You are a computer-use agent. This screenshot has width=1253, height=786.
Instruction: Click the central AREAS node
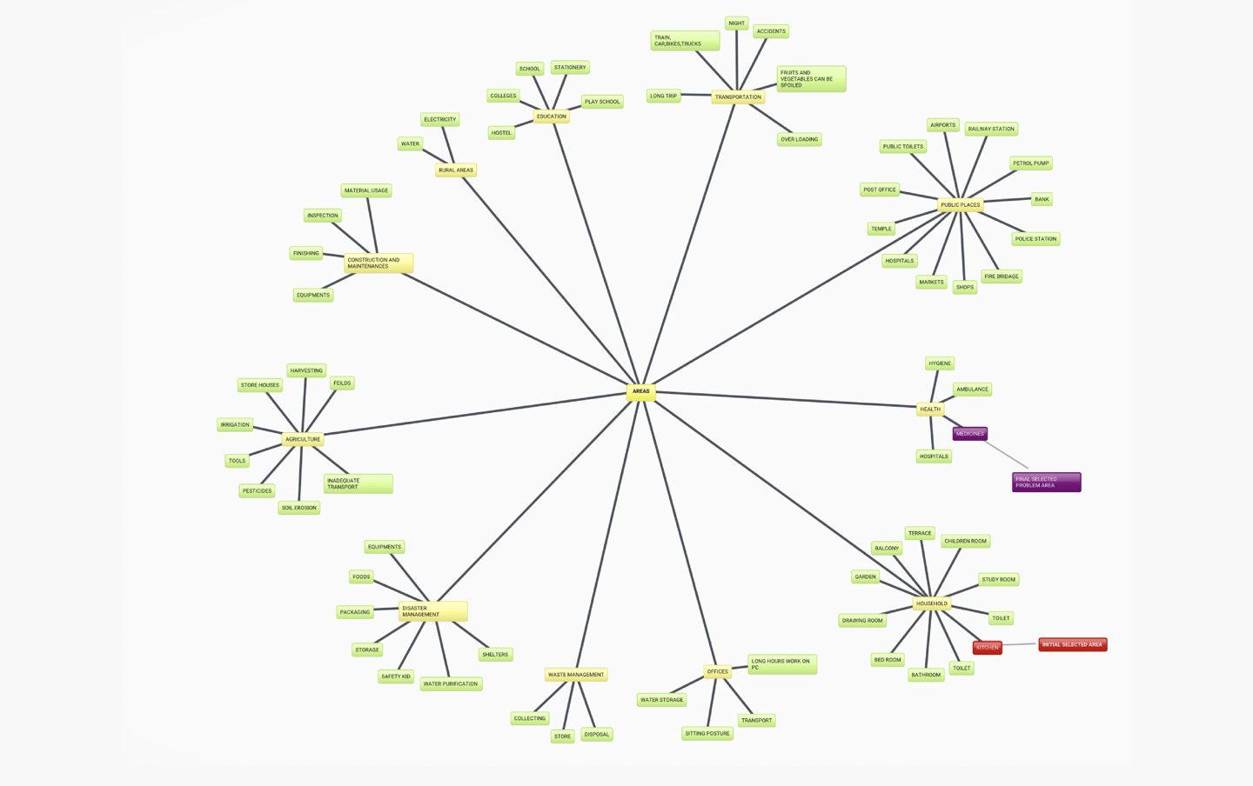coord(640,391)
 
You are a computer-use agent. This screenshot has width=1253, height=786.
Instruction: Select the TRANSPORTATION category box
coord(738,97)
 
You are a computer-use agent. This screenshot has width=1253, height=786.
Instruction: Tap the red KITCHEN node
coord(987,648)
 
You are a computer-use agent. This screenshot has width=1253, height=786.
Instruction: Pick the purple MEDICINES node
coord(969,434)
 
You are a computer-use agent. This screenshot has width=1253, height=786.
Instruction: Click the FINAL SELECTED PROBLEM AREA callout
coord(1046,483)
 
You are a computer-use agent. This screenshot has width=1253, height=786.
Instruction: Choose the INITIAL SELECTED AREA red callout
coord(1072,645)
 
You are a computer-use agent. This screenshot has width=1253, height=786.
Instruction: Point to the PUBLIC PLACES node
coord(960,205)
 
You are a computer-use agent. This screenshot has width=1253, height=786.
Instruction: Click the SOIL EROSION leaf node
coord(298,508)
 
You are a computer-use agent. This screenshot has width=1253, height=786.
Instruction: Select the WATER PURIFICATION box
coord(451,684)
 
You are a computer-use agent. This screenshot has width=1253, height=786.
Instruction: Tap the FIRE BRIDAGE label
coord(1002,276)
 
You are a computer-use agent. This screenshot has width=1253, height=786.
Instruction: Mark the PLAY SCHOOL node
coord(602,102)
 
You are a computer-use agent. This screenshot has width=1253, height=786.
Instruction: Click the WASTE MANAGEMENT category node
coord(575,675)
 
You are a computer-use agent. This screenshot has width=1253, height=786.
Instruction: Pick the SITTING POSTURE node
coord(707,734)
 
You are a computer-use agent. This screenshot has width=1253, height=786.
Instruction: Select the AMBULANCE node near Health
coord(972,390)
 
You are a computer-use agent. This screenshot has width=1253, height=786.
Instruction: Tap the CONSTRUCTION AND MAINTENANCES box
coord(378,263)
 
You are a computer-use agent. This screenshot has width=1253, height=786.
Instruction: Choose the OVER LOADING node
coord(799,139)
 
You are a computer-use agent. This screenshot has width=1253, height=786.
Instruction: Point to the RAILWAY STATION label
coord(991,129)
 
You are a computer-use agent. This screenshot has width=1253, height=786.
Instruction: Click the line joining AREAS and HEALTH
coord(783,399)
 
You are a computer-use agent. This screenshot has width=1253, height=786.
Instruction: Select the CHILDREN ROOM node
coord(965,541)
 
